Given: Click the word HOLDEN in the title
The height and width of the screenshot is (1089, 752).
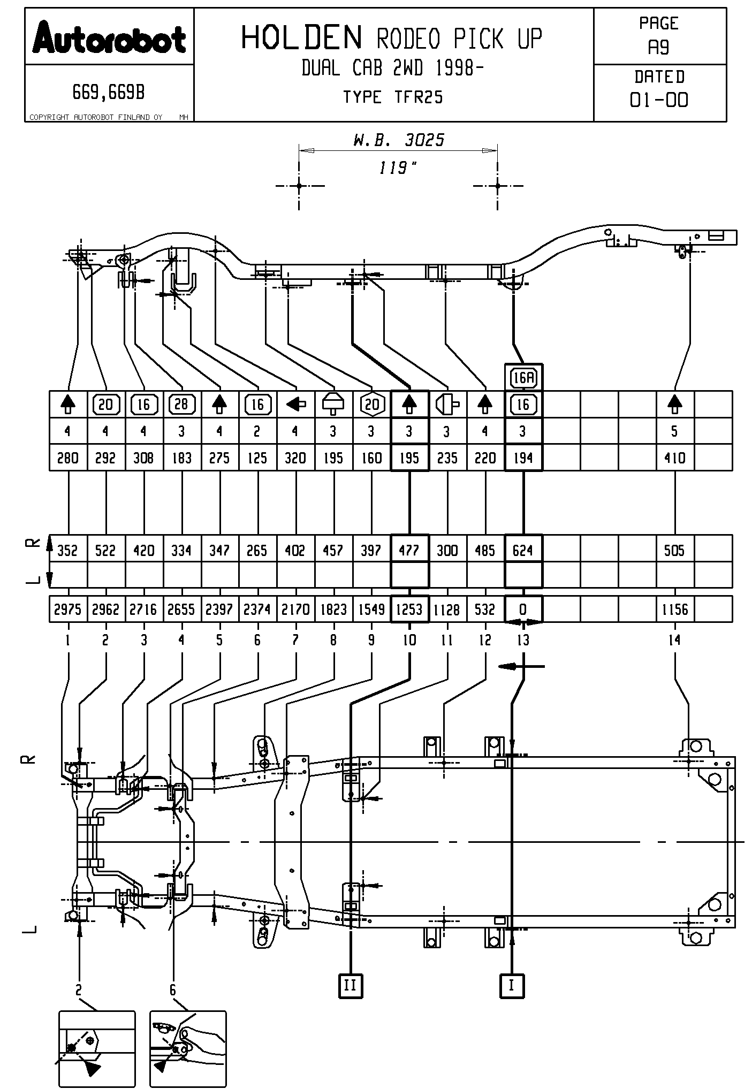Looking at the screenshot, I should (x=302, y=38).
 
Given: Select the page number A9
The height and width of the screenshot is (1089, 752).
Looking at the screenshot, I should (x=658, y=48).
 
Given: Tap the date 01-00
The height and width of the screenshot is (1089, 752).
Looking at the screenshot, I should (x=659, y=100).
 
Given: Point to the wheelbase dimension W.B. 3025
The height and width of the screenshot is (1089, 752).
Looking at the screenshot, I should (x=399, y=140).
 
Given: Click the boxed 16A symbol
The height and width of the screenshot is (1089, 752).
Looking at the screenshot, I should (x=523, y=378).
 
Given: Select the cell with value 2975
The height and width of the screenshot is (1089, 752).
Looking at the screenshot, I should (x=68, y=609).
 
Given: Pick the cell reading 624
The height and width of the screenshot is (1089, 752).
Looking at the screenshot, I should (x=523, y=550).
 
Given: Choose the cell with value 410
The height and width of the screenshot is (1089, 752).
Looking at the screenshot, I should (x=674, y=458).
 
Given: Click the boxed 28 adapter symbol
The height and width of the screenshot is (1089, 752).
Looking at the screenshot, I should (x=181, y=404).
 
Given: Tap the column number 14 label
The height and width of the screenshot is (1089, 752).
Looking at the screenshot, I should (x=674, y=640).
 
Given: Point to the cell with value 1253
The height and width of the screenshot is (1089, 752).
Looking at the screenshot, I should (x=409, y=609).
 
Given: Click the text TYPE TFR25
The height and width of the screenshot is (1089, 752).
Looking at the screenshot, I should (x=393, y=97).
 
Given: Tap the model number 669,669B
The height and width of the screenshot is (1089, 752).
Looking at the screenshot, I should (x=109, y=93).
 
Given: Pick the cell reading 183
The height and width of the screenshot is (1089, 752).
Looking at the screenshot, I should (x=181, y=458).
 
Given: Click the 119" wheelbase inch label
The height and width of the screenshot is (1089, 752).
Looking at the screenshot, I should (x=397, y=169).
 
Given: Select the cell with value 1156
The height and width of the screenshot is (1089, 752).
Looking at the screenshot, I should (x=674, y=609).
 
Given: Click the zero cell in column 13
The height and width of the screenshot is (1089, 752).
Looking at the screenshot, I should (x=523, y=609).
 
